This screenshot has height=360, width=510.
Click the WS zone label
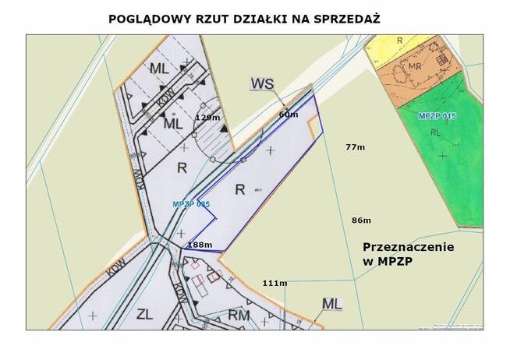[x=263, y=83]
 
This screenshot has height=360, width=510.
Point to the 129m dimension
[x=207, y=117]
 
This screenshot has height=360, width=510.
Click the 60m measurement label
[x=288, y=114]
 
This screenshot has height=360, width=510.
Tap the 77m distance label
[x=355, y=146]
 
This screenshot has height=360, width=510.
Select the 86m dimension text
[x=361, y=220]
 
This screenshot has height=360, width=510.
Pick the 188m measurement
[x=200, y=245]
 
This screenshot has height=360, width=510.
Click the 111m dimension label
[x=274, y=282]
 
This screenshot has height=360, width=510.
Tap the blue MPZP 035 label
[x=191, y=204]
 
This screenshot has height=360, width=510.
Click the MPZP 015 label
[x=437, y=116]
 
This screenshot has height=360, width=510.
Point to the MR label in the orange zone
[x=415, y=67]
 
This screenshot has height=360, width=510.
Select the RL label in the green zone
[x=435, y=132]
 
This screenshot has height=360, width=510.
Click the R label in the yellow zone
[x=399, y=39]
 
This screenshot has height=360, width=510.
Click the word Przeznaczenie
[x=409, y=246]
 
